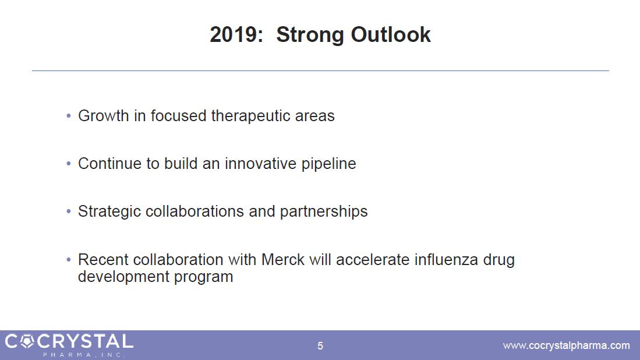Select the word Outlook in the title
point(391,34)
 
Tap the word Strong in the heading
point(310,36)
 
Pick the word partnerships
point(324,212)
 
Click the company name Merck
point(283,260)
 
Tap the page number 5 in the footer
point(320,346)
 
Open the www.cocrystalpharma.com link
point(566,345)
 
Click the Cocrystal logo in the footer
point(69,345)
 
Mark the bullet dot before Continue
point(69,164)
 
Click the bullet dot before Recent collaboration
point(69,260)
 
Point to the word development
point(123,277)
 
